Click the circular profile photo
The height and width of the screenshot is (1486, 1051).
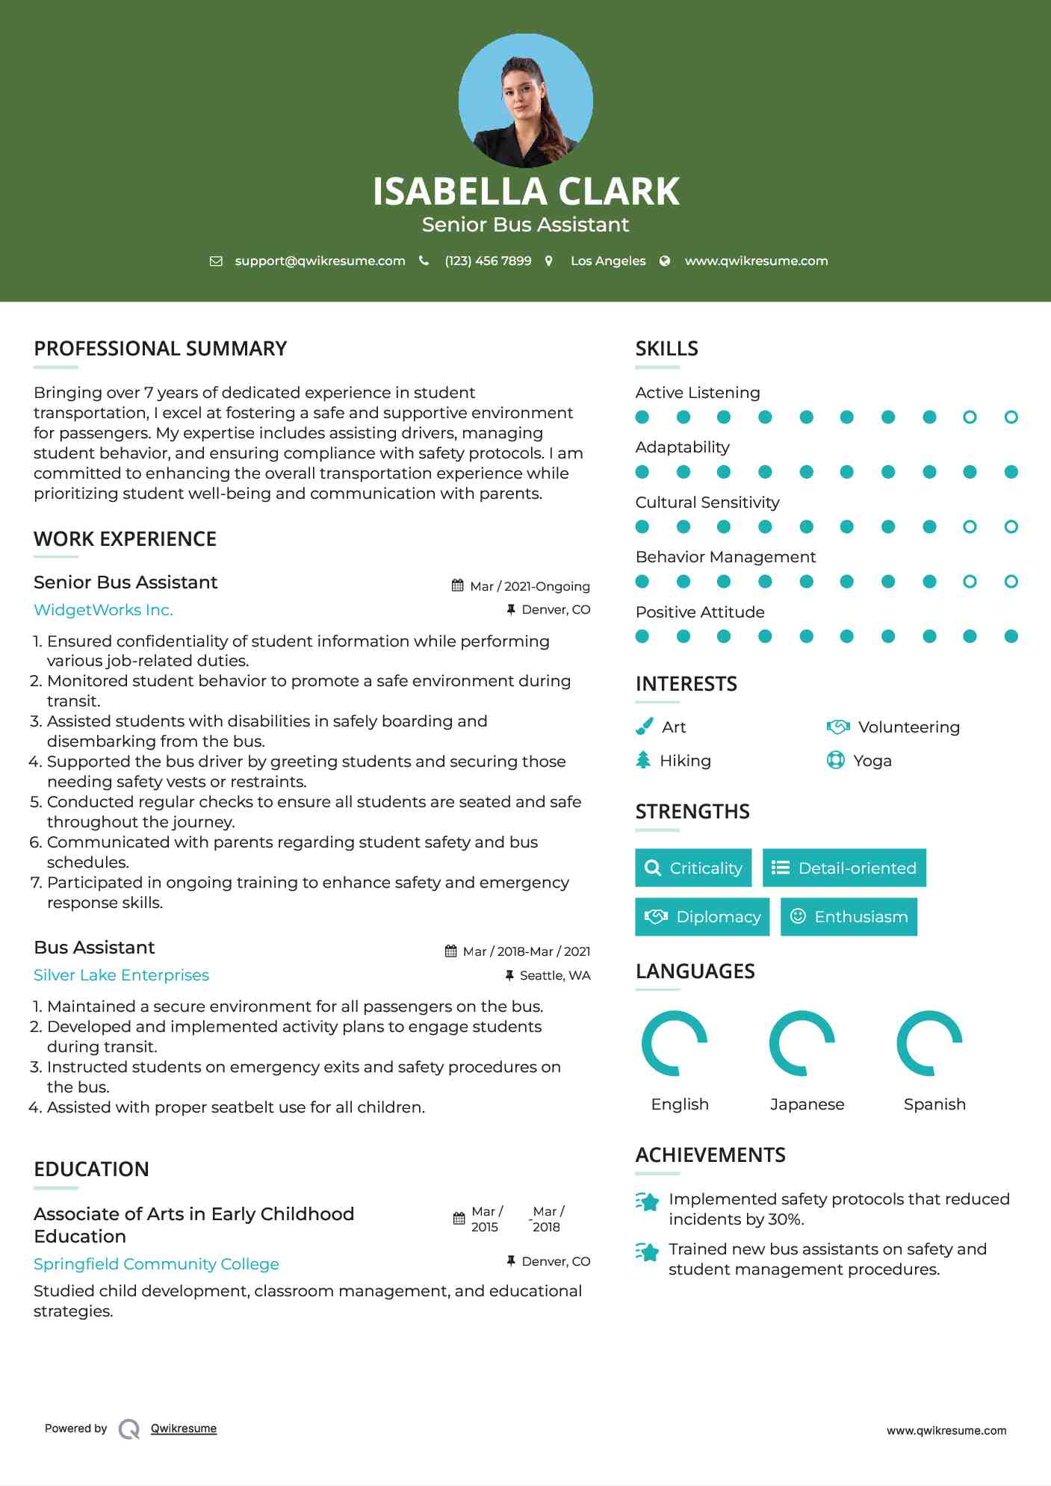(x=525, y=100)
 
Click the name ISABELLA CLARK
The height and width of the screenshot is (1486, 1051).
(x=525, y=191)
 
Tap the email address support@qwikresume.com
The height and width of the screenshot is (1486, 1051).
(x=320, y=261)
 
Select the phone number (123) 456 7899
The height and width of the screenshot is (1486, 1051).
(x=488, y=261)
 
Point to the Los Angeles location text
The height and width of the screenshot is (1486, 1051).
(x=607, y=261)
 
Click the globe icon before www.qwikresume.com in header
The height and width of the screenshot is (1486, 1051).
(x=665, y=261)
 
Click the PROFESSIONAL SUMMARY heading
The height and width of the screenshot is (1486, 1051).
(x=160, y=349)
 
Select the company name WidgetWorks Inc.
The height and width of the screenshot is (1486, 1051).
(x=103, y=610)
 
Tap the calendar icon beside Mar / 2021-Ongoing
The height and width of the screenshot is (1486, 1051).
(x=457, y=585)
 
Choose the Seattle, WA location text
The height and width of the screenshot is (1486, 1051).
(x=554, y=975)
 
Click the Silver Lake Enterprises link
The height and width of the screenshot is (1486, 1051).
(x=121, y=975)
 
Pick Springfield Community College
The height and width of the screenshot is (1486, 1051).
(x=156, y=1264)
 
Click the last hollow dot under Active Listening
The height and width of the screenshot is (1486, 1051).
(x=1011, y=417)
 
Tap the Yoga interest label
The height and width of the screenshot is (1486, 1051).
(x=872, y=761)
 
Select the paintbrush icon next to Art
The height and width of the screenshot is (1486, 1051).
(x=644, y=727)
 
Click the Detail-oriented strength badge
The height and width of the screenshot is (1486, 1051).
(x=844, y=868)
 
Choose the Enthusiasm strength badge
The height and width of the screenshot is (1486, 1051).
(x=849, y=916)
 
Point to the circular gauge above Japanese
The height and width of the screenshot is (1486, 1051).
(x=802, y=1043)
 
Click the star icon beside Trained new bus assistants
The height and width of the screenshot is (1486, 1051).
(x=648, y=1252)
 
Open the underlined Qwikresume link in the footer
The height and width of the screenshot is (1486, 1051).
(x=183, y=1429)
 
